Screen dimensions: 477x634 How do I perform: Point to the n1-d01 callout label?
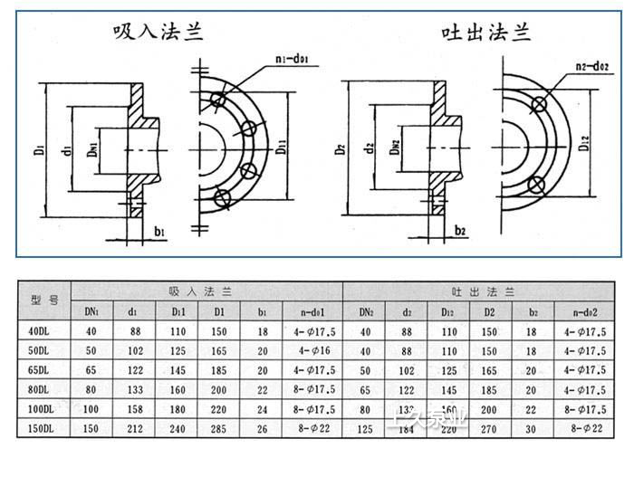point(293,61)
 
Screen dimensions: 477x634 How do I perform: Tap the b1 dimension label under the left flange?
point(161,233)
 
